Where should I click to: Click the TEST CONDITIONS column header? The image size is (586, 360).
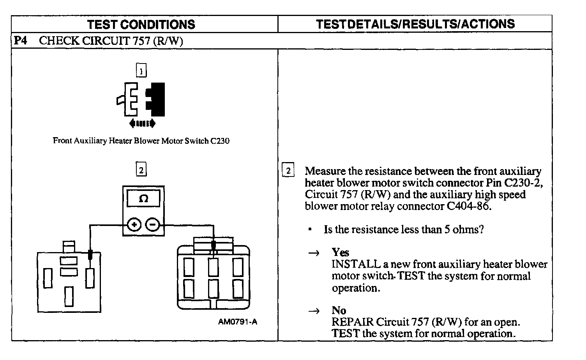point(141,24)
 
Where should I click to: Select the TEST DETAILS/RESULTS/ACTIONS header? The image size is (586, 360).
point(415,24)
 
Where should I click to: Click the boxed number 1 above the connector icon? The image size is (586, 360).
point(141,71)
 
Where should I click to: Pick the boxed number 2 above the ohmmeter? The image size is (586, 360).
point(141,169)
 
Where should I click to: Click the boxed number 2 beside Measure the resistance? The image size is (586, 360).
point(288,171)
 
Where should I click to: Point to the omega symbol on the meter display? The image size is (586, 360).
point(143,199)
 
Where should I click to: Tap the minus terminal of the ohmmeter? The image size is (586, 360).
point(152,224)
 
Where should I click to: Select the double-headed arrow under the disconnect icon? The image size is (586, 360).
point(142,124)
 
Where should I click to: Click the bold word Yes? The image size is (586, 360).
point(341,252)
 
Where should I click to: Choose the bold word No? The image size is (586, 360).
point(339,310)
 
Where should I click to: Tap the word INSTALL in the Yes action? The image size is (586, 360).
point(356,264)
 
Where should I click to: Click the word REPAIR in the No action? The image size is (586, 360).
point(353,322)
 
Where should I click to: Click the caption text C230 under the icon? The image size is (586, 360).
point(220,141)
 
